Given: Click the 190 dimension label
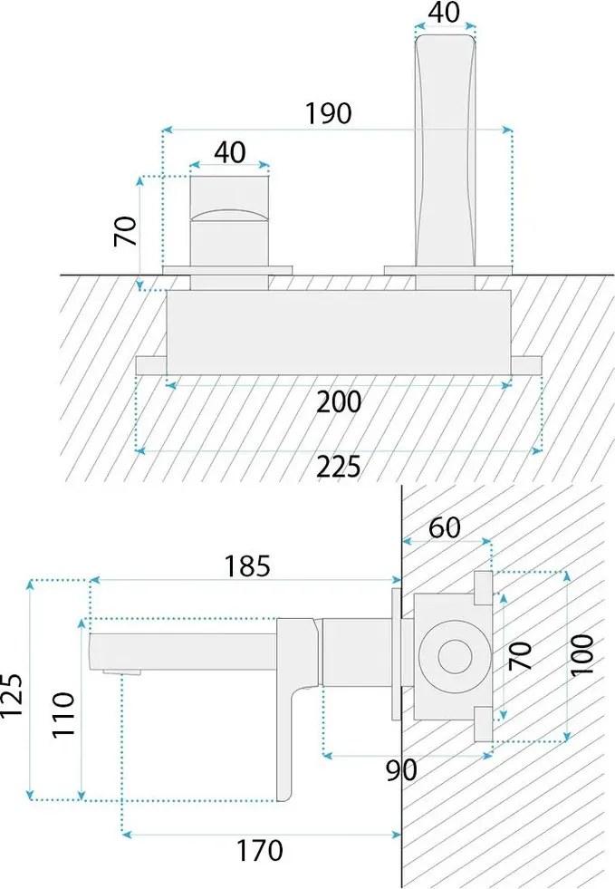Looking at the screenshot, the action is point(329,113).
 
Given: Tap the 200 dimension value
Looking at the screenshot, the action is point(339,402).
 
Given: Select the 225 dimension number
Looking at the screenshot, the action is point(339,467).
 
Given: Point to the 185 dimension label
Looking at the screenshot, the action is point(247,565).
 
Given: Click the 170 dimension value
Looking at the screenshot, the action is point(259,850).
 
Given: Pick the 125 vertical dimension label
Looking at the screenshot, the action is point(12,694).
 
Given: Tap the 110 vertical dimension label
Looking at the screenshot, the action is point(63,714).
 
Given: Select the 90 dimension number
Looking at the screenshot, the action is point(401,770).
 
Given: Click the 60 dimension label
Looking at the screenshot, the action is point(445,527).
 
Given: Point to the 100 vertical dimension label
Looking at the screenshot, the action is point(582,655).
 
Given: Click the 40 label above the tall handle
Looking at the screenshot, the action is point(445,13).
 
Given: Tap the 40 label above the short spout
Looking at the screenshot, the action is point(230,152).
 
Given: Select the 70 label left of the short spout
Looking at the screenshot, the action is point(126,231).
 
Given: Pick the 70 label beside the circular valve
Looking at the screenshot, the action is point(521,655).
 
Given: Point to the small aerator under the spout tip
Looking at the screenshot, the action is point(121,672).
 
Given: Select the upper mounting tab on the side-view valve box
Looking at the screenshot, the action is point(483,588).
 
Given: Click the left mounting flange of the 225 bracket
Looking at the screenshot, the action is point(150,365).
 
